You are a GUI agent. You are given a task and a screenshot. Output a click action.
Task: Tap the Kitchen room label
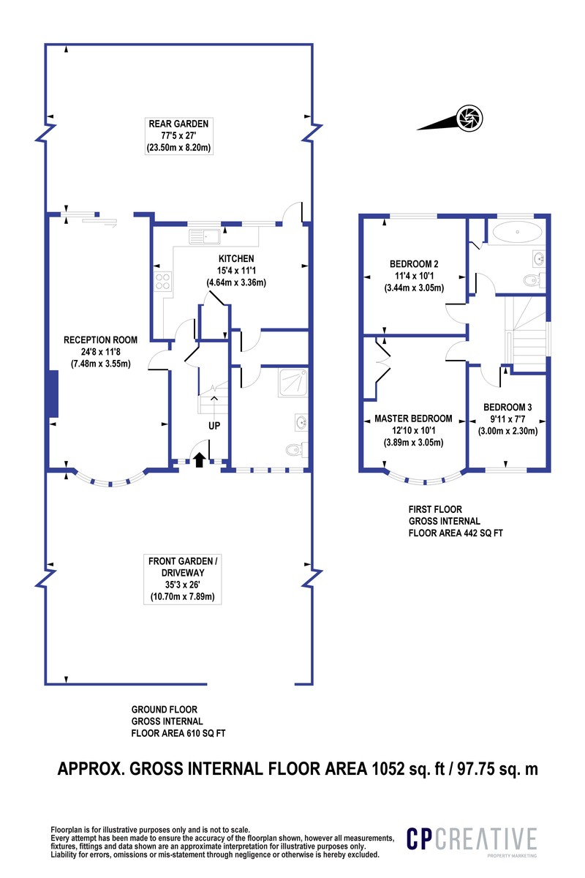tap(236, 258)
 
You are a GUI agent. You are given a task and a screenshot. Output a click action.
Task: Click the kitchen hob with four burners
tap(162, 282)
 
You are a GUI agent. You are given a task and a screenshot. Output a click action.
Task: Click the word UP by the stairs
tap(214, 425)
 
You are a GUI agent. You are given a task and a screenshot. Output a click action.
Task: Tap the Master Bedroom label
tap(413, 419)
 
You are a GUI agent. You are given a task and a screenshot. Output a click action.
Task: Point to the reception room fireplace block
tap(52, 395)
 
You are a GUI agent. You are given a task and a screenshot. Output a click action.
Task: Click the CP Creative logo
tap(471, 840)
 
